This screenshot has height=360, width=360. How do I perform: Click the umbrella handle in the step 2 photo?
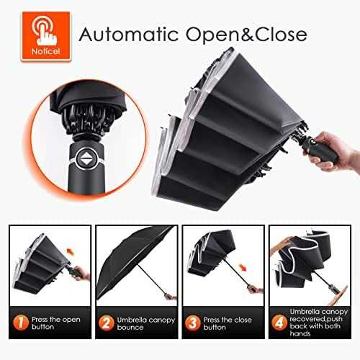[168, 296]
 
